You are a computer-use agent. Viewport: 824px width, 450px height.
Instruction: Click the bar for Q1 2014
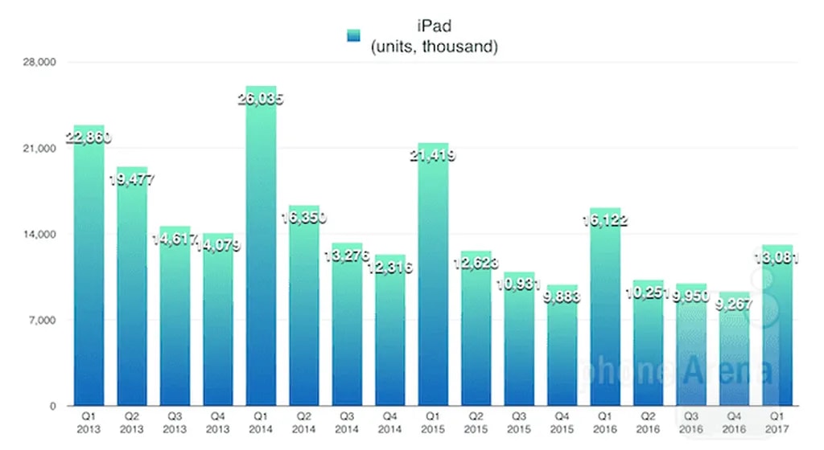pyautogui.click(x=262, y=257)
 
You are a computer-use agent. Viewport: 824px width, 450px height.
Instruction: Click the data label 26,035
pyautogui.click(x=262, y=100)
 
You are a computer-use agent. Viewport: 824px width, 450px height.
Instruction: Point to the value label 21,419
pyautogui.click(x=433, y=156)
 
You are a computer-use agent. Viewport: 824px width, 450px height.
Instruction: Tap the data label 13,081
pyautogui.click(x=777, y=258)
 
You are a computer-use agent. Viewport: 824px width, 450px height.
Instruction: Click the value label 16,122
pyautogui.click(x=605, y=221)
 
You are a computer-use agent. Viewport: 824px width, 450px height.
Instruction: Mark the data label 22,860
pyautogui.click(x=89, y=137)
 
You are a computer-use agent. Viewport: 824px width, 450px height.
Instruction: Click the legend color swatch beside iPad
pyautogui.click(x=353, y=36)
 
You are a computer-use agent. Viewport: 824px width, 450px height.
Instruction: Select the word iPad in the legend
pyautogui.click(x=435, y=30)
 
